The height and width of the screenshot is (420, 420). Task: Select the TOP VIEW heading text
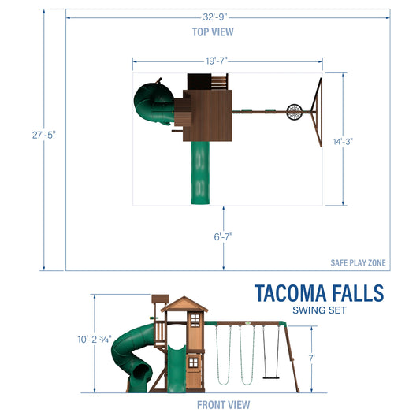point(213,32)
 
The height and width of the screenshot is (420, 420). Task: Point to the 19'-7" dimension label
point(227,60)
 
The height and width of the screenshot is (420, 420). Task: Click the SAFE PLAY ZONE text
point(359,263)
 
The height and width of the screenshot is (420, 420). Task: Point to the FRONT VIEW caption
point(224,405)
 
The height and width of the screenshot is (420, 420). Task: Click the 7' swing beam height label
point(312,358)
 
